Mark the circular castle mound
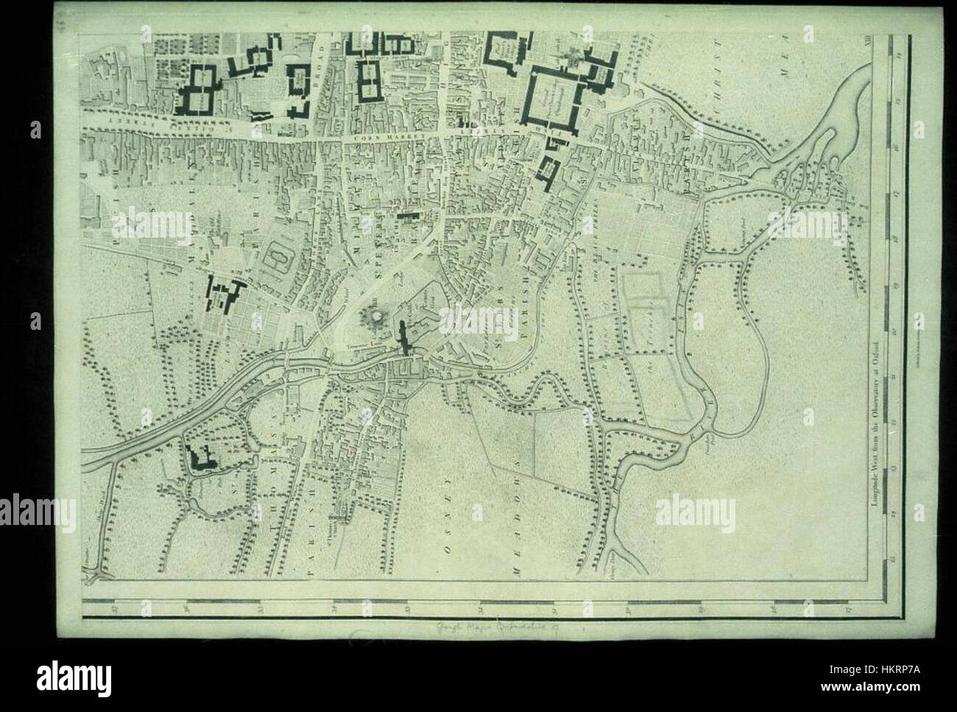pos(372,319)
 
